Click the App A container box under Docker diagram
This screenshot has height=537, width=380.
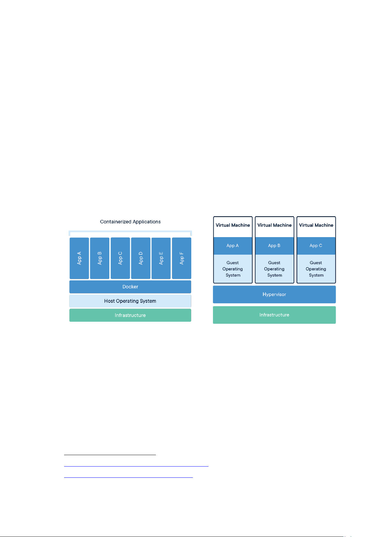[x=79, y=258]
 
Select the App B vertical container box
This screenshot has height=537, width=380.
[x=100, y=258]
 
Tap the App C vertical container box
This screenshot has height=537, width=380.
[x=121, y=258]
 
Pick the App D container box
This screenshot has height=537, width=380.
[x=141, y=258]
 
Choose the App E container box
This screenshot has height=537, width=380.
[x=161, y=258]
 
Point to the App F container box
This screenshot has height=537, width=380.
[x=182, y=258]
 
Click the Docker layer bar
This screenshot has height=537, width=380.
[x=130, y=287]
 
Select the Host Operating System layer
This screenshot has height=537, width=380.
[x=130, y=301]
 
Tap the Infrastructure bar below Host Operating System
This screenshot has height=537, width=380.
[x=130, y=315]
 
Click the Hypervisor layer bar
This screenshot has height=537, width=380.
[x=274, y=294]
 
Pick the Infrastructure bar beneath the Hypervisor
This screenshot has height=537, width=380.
[x=274, y=315]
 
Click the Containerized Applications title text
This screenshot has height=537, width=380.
[x=130, y=222]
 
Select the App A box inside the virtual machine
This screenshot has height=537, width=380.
[x=233, y=246]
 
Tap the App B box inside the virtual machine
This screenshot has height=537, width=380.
[x=274, y=246]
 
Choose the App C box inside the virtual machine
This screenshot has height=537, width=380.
[x=316, y=246]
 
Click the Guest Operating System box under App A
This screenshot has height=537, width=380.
[x=233, y=269]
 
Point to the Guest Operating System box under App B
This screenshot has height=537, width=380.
[x=274, y=269]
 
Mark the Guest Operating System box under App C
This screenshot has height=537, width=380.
[x=316, y=269]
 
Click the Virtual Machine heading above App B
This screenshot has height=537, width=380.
[x=274, y=225]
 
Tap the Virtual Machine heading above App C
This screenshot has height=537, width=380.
[x=316, y=225]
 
